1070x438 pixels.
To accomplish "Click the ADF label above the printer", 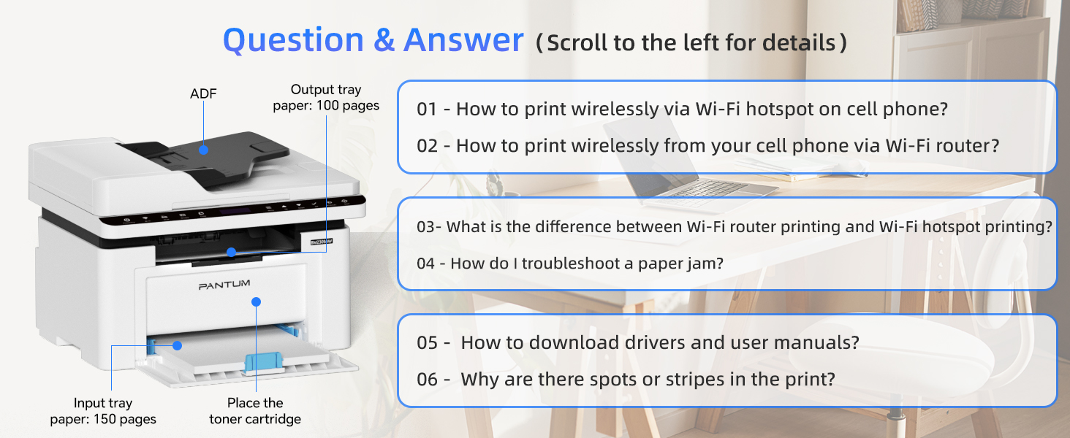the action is (203, 93).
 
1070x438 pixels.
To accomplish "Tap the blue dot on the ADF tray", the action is (203, 150).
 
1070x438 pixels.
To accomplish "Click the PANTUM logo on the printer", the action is (224, 285).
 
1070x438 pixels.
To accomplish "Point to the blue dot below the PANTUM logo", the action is (256, 301).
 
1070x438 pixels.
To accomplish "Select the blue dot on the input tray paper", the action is (177, 345).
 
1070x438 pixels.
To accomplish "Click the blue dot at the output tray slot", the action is (231, 252).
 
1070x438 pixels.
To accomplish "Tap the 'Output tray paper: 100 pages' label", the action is (326, 97).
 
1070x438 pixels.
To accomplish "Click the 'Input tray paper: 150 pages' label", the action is (103, 411).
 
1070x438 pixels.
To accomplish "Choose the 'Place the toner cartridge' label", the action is (255, 411).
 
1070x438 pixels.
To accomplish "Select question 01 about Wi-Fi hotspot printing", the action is (682, 109).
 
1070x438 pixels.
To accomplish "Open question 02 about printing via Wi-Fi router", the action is (708, 145).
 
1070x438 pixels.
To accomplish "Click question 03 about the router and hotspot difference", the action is (735, 226).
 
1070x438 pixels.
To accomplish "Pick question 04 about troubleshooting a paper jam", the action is (570, 263).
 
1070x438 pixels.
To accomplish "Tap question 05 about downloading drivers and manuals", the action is (638, 342).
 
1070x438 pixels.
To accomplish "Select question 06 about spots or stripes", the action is (626, 380).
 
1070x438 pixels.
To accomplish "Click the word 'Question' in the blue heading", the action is (293, 41).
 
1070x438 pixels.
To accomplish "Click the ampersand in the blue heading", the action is (384, 40).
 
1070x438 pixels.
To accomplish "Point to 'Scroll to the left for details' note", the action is (691, 42).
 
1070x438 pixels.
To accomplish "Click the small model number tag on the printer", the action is (322, 242).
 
